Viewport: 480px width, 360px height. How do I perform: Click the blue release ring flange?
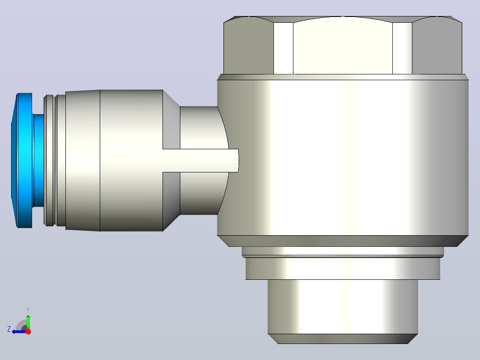(22, 160)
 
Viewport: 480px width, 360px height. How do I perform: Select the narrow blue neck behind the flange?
(38, 160)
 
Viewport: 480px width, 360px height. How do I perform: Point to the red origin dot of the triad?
(28, 331)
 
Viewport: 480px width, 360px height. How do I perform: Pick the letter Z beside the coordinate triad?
(9, 329)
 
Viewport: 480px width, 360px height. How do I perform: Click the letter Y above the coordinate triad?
(28, 310)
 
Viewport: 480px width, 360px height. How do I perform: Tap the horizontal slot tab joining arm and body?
(200, 160)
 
